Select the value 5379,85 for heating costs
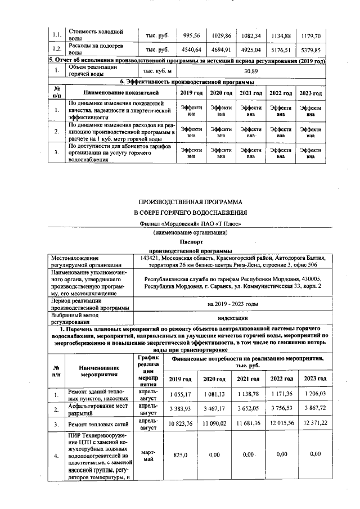[310, 50]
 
